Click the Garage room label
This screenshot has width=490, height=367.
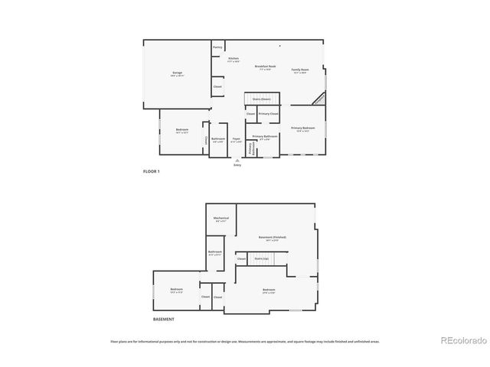(x=177, y=74)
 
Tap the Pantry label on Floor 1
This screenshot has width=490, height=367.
(x=218, y=47)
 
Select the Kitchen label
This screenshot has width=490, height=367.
(x=234, y=60)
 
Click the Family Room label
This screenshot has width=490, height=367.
(x=299, y=71)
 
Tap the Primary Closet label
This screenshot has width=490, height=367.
(x=268, y=114)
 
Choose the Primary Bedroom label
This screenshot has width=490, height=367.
(x=302, y=128)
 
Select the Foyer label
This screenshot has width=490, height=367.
(x=237, y=140)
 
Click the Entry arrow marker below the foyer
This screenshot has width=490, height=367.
(x=237, y=161)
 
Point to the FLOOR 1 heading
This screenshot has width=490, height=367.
(x=152, y=171)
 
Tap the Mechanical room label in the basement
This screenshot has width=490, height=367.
(x=221, y=219)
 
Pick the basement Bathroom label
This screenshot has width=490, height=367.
(x=215, y=252)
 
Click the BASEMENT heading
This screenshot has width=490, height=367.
(x=163, y=319)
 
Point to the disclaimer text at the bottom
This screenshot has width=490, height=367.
(x=245, y=342)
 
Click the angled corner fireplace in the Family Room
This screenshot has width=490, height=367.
(x=318, y=99)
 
